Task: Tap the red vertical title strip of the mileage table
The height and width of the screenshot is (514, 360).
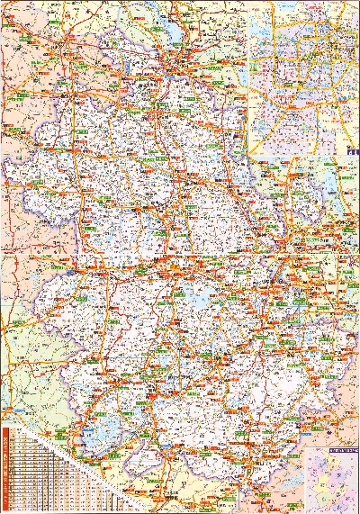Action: [6, 468]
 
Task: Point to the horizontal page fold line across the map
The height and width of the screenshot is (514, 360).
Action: [180, 267]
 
